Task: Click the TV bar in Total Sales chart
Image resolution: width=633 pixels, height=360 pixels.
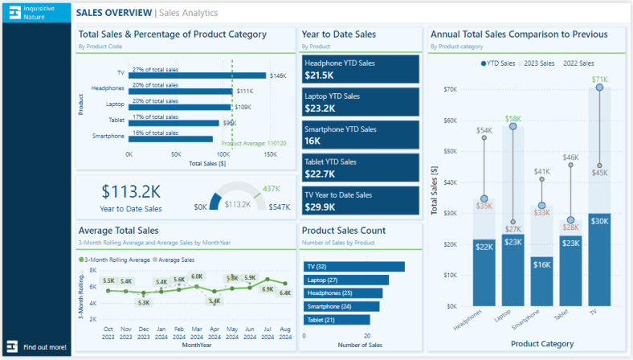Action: point(198,75)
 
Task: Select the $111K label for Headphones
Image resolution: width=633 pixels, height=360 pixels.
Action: point(245,92)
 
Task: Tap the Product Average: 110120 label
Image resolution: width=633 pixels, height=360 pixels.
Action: point(253,143)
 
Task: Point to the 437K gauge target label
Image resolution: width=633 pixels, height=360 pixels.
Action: point(272,188)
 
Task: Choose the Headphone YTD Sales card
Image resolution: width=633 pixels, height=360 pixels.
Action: point(361,69)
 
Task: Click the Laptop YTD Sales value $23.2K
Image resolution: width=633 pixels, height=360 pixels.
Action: point(321,108)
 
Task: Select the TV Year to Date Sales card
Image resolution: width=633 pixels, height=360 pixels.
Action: point(361,201)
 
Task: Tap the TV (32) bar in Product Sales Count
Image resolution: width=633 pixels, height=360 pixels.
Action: point(354,267)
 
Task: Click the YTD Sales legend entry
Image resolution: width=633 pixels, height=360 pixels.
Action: point(500,63)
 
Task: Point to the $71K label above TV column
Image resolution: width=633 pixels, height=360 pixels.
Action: point(599,80)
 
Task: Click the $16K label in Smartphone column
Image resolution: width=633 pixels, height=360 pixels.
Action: point(541,264)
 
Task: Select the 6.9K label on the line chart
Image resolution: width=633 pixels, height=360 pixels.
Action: point(267,288)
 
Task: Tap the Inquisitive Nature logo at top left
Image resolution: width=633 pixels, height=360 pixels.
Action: point(35,12)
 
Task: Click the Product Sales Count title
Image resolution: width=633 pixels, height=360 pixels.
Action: point(343,231)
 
